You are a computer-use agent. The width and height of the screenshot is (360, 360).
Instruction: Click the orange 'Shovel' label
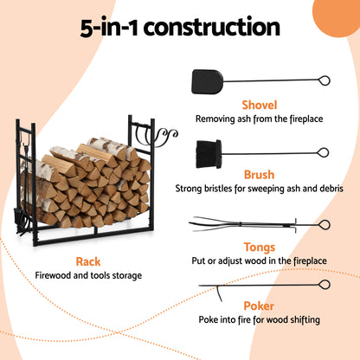[259, 104]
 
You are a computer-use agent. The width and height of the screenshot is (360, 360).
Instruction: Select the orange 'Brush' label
[259, 175]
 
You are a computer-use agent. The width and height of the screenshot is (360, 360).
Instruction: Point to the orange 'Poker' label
[259, 305]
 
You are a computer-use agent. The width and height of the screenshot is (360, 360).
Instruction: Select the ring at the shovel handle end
[324, 81]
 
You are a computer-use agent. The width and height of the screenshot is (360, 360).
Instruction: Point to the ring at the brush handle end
[324, 151]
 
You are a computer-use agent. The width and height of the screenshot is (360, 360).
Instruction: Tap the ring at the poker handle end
[324, 284]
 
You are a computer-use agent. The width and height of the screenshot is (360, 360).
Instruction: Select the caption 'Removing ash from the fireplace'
[259, 119]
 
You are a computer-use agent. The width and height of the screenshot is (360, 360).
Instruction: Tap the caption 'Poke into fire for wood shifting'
[259, 320]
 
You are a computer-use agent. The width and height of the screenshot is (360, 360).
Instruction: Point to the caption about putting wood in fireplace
[259, 260]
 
